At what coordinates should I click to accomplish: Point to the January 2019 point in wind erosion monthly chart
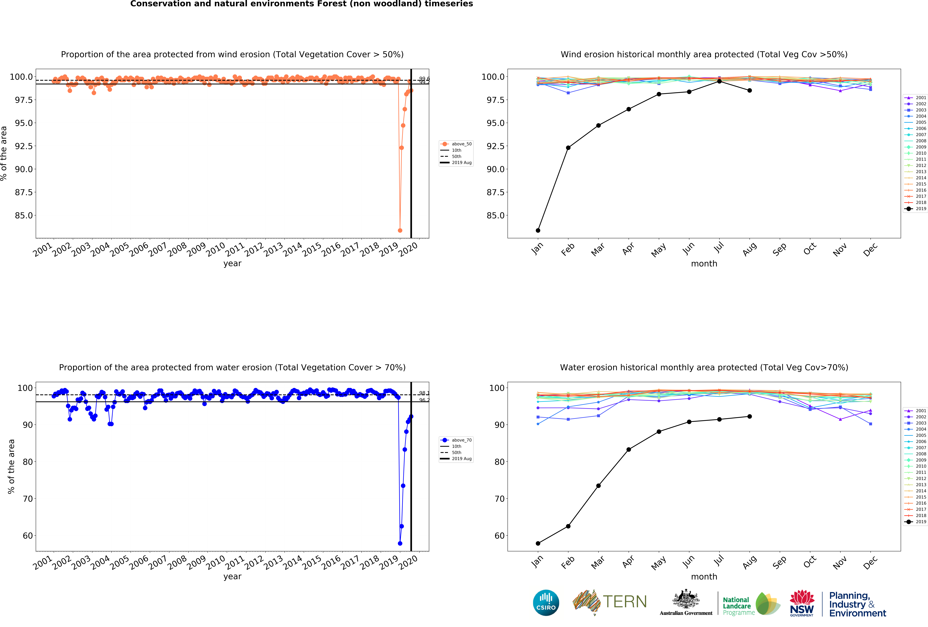click(x=538, y=230)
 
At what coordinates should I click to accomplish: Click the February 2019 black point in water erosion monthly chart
click(x=568, y=526)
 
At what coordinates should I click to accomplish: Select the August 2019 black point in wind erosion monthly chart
click(x=750, y=91)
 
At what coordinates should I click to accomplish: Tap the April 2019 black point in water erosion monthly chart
click(x=628, y=449)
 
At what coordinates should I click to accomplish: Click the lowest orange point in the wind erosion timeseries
click(x=400, y=230)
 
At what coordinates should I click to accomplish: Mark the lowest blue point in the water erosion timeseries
click(x=400, y=543)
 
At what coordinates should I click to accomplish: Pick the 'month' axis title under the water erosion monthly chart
click(x=704, y=577)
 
